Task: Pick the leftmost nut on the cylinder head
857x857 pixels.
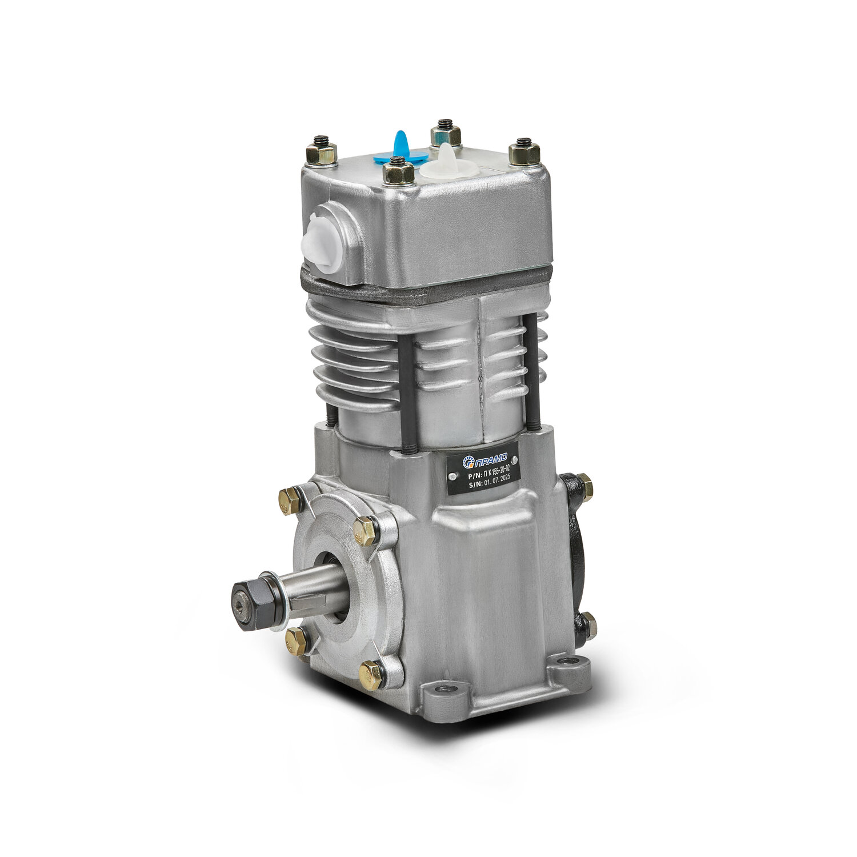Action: (x=321, y=151)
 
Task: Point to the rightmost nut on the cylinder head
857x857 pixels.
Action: (x=524, y=151)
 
